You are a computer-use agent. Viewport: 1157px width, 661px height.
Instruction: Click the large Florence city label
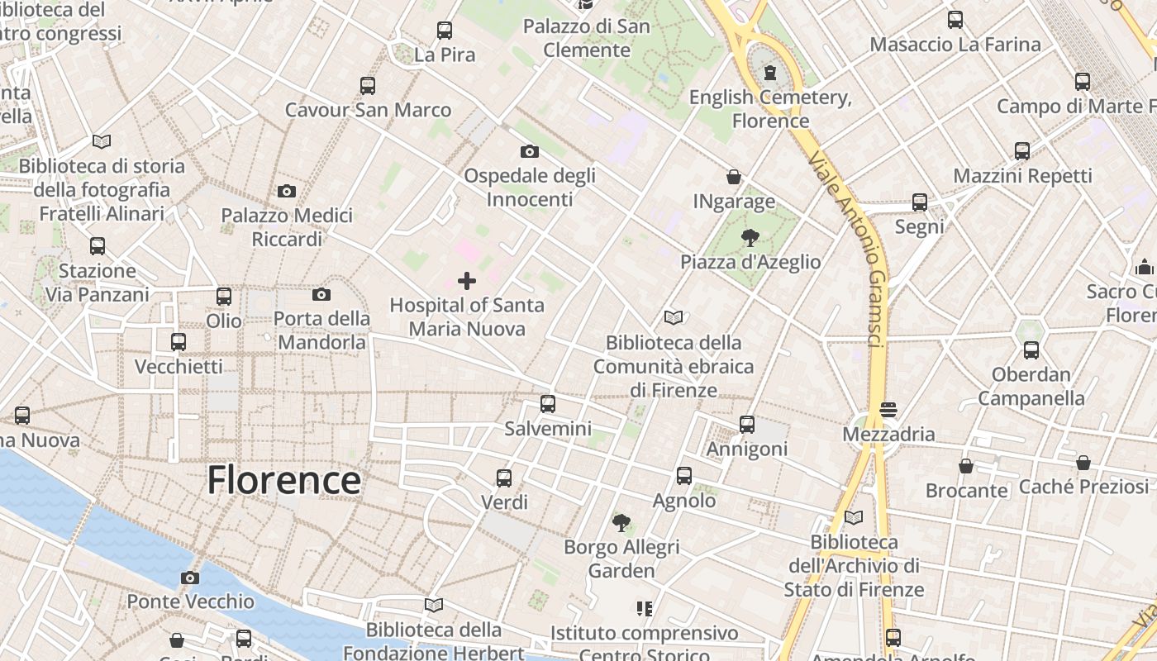pos(283,480)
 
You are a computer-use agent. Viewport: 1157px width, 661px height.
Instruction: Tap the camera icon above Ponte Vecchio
pos(190,578)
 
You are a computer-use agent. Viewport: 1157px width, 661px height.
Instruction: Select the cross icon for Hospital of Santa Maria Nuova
pos(467,281)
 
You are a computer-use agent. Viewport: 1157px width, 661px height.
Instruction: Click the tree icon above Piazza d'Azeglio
pos(750,238)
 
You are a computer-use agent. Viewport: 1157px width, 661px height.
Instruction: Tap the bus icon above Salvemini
pos(547,404)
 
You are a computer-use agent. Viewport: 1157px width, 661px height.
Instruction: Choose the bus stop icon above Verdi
pos(503,478)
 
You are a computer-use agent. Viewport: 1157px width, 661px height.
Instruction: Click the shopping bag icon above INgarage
pos(733,177)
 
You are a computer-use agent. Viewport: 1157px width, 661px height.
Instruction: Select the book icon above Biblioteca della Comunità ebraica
pos(674,317)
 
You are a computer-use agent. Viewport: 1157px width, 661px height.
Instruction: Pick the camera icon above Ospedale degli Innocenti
pos(530,151)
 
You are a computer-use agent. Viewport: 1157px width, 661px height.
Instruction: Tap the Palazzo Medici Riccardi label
pos(286,227)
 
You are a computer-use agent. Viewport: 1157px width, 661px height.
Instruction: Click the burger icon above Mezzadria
pos(888,409)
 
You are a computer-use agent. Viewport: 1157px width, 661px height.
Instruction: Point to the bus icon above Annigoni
pos(747,425)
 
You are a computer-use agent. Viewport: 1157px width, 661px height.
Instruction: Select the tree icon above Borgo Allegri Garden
pos(621,522)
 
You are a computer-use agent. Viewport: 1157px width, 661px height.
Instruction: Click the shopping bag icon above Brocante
pos(966,466)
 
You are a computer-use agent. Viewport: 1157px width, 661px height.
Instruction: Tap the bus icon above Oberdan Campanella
pos(1031,350)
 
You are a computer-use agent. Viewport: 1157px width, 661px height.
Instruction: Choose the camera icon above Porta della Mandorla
pos(321,294)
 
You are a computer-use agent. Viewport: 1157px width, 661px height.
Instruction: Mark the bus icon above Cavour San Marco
pos(368,86)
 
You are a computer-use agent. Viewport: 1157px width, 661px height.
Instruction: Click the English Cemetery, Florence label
pos(770,109)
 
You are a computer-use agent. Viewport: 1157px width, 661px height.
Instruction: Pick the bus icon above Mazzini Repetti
pos(1022,151)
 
